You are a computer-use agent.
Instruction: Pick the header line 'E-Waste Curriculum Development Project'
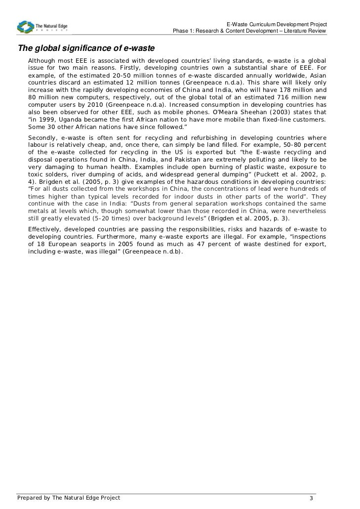coord(277,25)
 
